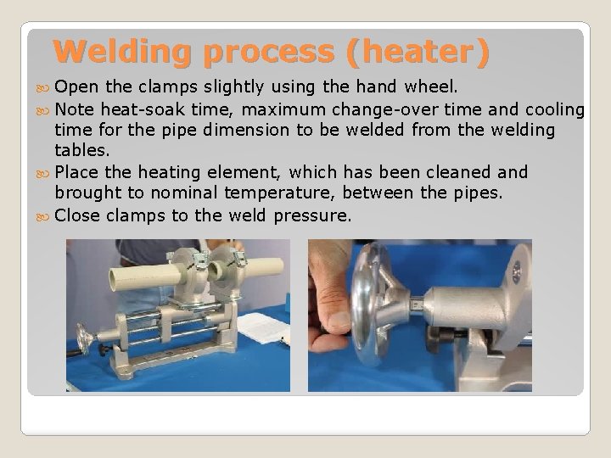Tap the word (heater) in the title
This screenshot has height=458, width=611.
tap(418, 53)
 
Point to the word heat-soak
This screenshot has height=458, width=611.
tap(138, 109)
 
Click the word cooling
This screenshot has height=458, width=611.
tap(552, 109)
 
